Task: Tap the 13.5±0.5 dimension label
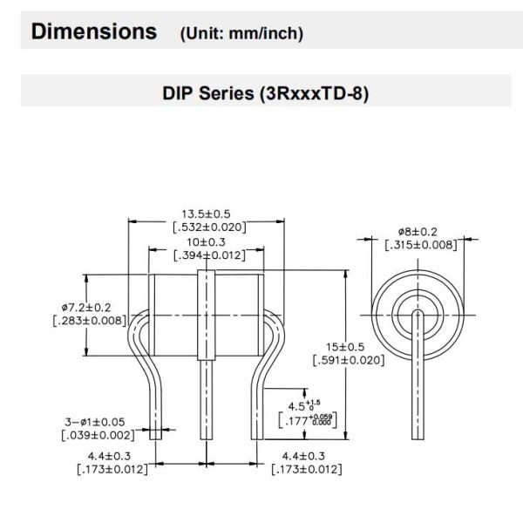pos(208,214)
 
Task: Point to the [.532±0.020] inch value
pos(208,228)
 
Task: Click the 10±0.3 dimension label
pos(207,241)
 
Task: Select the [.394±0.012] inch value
pos(207,255)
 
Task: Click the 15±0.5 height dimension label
pos(348,347)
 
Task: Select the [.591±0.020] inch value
pos(348,361)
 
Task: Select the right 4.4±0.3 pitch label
pos(306,457)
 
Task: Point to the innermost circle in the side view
pos(416,313)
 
